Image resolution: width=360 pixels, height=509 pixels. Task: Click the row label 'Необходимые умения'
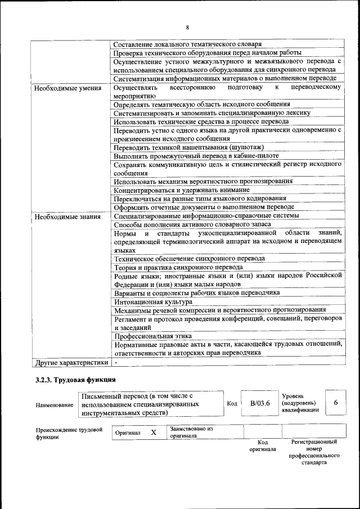[x=67, y=88]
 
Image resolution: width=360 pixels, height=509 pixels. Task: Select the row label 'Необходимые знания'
[x=67, y=216]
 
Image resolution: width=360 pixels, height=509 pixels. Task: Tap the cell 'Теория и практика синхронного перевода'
[x=178, y=267]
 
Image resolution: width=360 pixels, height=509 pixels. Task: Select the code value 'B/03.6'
[x=260, y=403]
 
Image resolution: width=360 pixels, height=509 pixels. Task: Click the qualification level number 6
[x=336, y=403]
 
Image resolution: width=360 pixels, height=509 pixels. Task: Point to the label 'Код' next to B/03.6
[x=232, y=404]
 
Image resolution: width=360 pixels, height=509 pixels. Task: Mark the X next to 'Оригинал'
[x=153, y=433]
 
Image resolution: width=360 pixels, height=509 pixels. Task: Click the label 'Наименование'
[x=54, y=404]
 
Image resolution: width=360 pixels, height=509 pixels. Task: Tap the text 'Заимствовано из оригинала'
[x=190, y=432]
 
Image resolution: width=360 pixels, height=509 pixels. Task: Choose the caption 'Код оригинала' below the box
[x=262, y=446]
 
